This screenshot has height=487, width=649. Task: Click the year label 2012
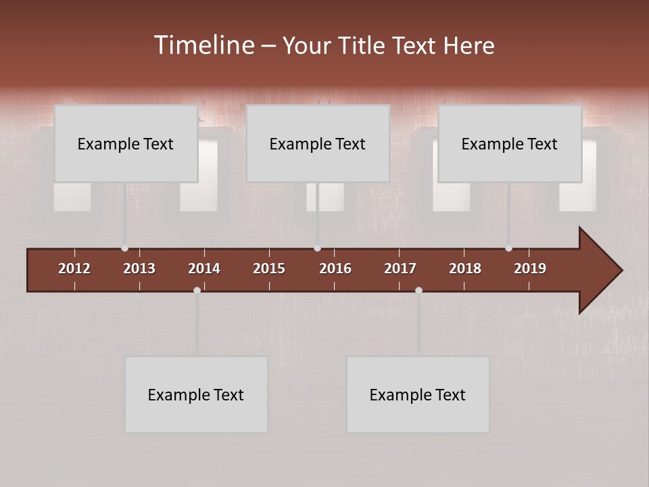(x=74, y=269)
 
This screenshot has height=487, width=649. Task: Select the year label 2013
(x=139, y=269)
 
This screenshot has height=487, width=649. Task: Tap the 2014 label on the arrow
(x=204, y=269)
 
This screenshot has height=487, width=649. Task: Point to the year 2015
(x=269, y=269)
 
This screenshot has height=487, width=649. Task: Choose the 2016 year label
(x=335, y=269)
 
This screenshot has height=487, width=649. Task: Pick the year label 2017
(x=400, y=269)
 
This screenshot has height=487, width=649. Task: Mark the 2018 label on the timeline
(x=465, y=269)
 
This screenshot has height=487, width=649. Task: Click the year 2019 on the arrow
(x=530, y=269)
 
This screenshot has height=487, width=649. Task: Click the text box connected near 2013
(x=126, y=143)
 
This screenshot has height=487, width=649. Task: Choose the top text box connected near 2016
(x=318, y=143)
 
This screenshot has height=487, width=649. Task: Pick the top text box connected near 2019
(x=510, y=143)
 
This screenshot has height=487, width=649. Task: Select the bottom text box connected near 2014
(x=196, y=394)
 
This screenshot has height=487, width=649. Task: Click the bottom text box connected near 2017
(x=418, y=394)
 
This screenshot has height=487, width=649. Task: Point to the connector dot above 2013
(x=124, y=248)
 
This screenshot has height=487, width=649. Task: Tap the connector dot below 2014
(x=197, y=290)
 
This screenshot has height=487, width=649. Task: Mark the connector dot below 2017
(x=418, y=290)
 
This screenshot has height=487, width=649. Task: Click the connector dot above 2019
(x=508, y=248)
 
